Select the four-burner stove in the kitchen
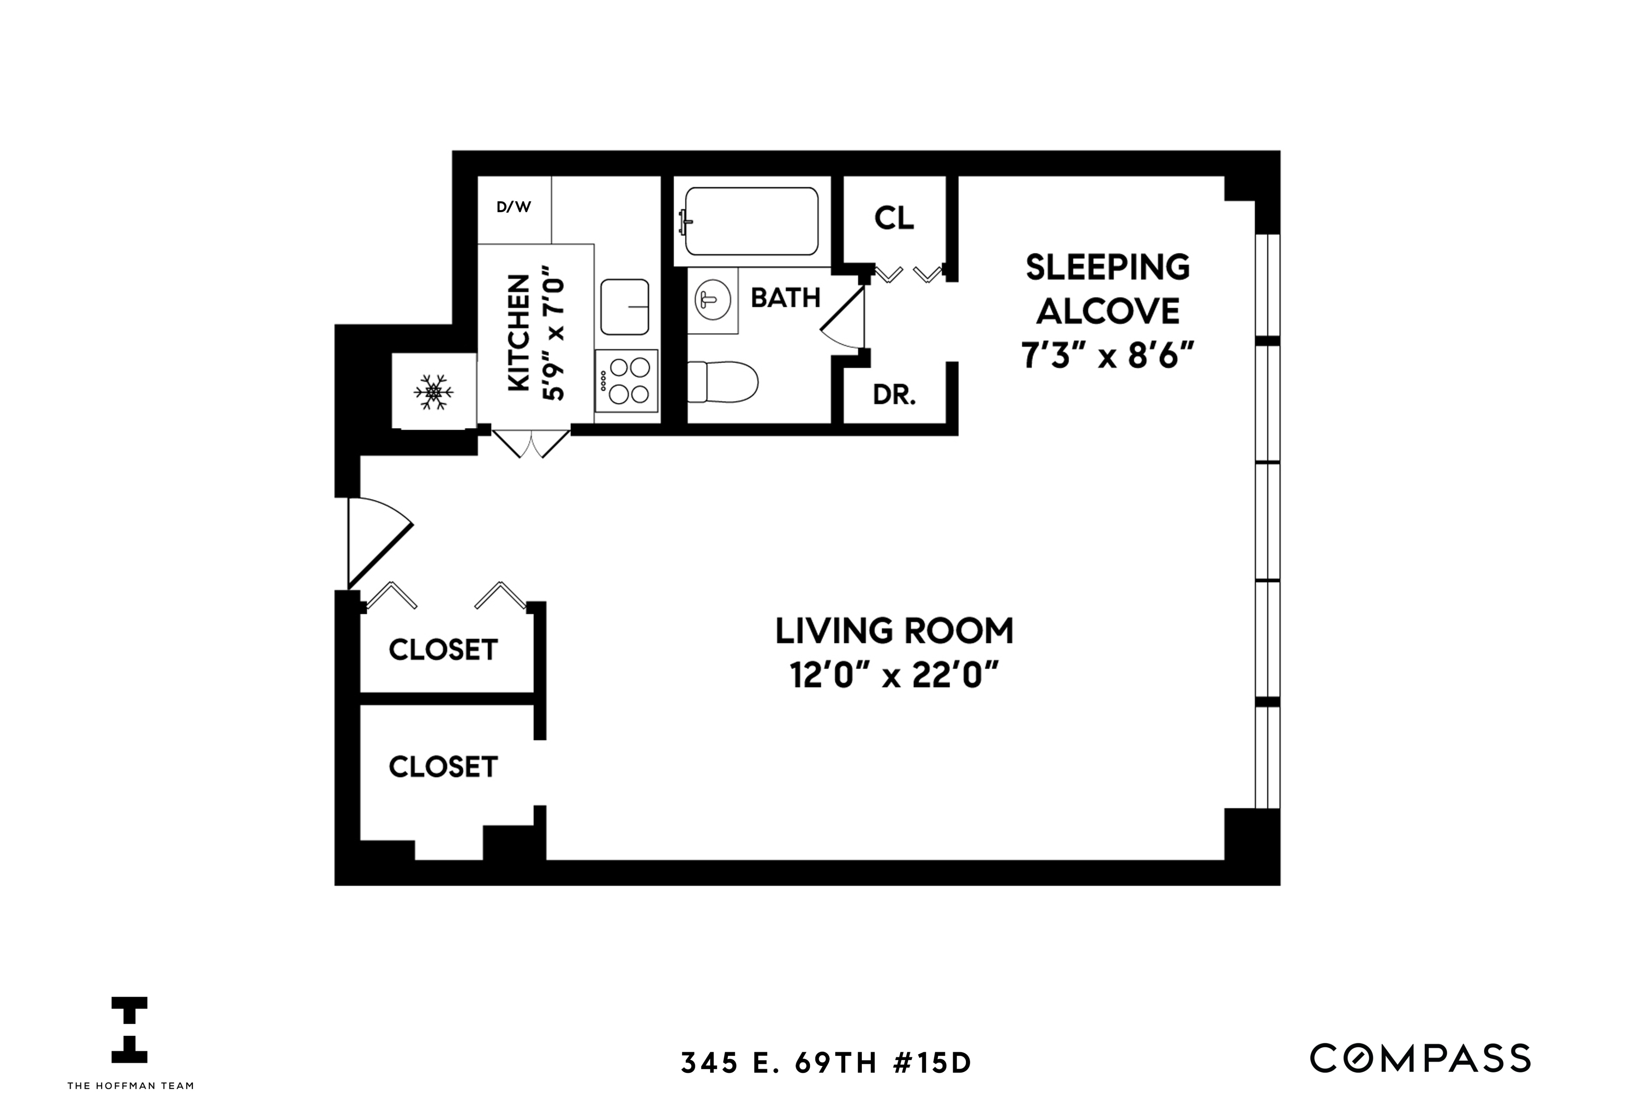click(x=627, y=381)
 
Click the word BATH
click(x=785, y=297)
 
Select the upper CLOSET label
click(x=443, y=650)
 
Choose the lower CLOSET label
click(x=443, y=767)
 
